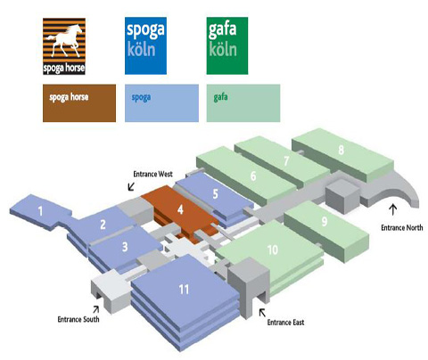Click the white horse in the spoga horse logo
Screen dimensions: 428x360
click(x=64, y=40)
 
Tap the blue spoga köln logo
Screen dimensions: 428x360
click(x=145, y=45)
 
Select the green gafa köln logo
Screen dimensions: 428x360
click(x=227, y=45)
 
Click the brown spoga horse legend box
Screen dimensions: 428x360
click(x=79, y=103)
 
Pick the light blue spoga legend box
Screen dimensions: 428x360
click(x=161, y=103)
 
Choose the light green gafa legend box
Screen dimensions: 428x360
click(x=243, y=103)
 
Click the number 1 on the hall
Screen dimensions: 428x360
click(x=40, y=211)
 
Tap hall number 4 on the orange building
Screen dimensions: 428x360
click(x=180, y=209)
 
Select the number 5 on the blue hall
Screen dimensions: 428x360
click(x=216, y=194)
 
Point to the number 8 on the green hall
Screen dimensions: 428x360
click(x=342, y=150)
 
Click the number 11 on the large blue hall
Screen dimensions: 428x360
click(x=184, y=289)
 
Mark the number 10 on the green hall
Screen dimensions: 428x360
click(x=272, y=250)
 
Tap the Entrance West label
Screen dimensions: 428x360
click(x=152, y=174)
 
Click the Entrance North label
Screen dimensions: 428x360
click(x=402, y=227)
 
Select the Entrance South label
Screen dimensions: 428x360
click(x=78, y=319)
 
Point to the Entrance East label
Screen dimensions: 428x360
click(x=285, y=323)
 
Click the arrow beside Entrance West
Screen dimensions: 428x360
click(x=131, y=186)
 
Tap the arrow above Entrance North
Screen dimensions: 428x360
click(x=393, y=209)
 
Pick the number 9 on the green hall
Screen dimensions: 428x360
click(x=325, y=221)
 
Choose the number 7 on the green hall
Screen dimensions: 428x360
click(x=286, y=160)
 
